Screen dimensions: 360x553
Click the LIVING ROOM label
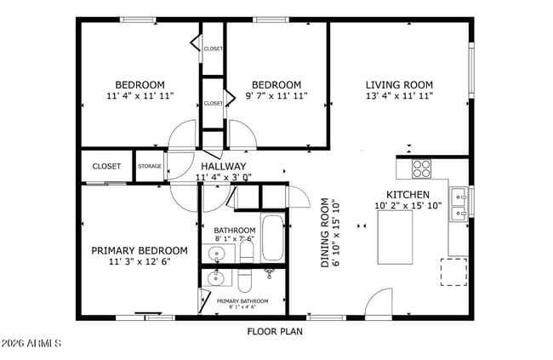399,85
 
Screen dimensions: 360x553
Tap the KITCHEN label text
408,194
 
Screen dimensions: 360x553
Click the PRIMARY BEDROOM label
140,250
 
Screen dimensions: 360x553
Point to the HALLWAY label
224,166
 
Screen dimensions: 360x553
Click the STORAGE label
150,166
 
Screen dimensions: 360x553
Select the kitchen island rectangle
395,238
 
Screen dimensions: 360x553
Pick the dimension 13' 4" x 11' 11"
399,97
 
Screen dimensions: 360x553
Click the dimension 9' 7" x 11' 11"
276,97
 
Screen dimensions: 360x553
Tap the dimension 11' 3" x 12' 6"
140,262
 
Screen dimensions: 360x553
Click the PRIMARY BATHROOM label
242,301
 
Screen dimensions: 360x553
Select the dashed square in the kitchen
453,271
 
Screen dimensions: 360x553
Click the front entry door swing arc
379,302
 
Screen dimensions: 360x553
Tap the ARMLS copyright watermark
31,345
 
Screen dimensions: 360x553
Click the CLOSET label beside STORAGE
106,166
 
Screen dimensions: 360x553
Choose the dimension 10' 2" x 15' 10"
408,206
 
